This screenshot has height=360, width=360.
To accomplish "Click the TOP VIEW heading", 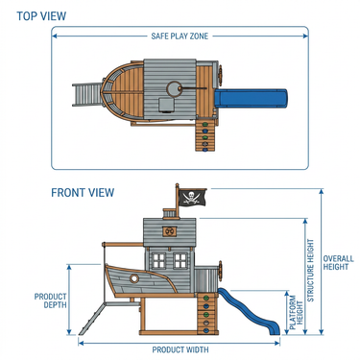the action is (x=41, y=16).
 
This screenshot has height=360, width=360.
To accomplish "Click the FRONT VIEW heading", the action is (x=83, y=193).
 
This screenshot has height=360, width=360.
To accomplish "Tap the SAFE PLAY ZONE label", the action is (x=180, y=36).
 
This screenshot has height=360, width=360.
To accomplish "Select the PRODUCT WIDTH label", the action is (x=180, y=349).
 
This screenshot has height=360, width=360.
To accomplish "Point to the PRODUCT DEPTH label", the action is (x=51, y=300).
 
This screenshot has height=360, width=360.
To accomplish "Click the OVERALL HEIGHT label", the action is (x=338, y=263).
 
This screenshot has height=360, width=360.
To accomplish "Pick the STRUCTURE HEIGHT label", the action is (x=311, y=271).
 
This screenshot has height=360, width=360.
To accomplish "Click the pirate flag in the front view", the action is (x=192, y=197).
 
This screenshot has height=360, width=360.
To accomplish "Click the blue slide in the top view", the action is (x=252, y=98).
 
